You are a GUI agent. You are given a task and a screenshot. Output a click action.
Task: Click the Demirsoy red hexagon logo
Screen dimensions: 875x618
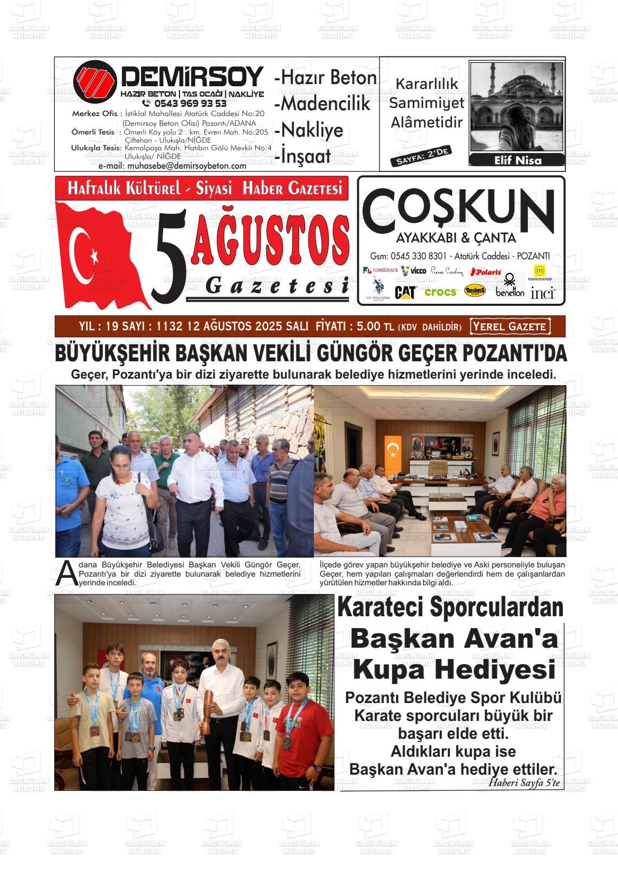click(95, 82)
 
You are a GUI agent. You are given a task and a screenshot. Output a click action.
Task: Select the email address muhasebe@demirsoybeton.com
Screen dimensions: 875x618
click(186, 166)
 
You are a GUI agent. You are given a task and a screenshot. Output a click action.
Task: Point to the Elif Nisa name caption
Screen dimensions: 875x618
click(518, 161)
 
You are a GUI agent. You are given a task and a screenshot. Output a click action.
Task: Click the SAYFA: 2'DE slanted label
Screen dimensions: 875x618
click(420, 156)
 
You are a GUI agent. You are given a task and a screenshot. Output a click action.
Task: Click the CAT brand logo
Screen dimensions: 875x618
click(405, 292)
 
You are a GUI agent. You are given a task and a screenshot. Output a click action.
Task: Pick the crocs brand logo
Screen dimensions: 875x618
click(441, 292)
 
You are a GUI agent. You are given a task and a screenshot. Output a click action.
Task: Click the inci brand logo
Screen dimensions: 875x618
click(542, 293)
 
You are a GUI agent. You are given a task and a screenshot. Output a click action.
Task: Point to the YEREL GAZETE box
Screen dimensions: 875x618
click(510, 327)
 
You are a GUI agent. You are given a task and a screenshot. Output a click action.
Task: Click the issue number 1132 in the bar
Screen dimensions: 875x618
click(169, 327)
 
